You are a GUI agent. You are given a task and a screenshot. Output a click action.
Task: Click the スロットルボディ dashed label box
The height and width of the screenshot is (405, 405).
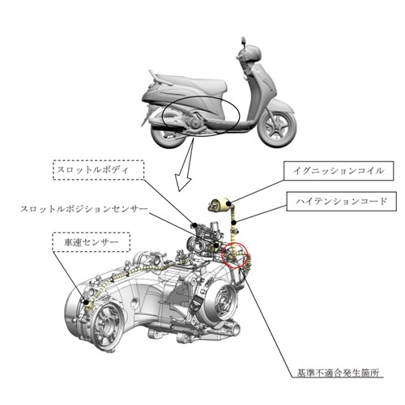click(99, 170)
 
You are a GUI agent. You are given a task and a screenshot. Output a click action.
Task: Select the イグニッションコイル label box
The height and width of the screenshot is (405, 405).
click(339, 171)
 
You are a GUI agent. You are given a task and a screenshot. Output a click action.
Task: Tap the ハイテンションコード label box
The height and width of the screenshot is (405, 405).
click(342, 202)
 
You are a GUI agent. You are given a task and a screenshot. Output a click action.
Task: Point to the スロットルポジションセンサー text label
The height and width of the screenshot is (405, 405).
click(84, 209)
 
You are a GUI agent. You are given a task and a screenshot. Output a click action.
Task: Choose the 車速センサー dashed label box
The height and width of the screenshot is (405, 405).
click(92, 242)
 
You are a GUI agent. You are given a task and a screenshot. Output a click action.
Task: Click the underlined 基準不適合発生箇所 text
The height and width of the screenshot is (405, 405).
click(338, 373)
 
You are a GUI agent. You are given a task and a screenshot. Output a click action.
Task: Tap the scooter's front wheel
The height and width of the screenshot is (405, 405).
click(277, 126)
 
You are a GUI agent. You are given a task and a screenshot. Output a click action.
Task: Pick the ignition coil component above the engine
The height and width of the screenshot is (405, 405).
click(220, 204)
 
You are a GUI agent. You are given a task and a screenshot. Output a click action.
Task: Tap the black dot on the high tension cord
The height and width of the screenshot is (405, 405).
click(235, 223)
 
